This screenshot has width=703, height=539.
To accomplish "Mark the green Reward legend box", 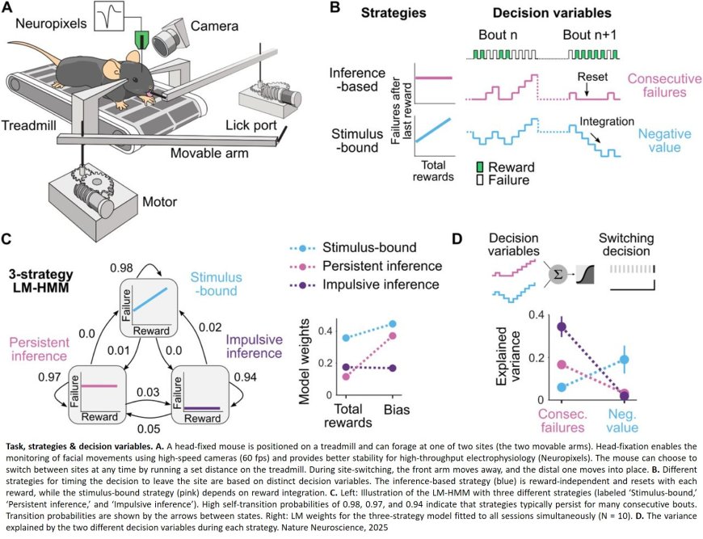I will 482,166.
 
